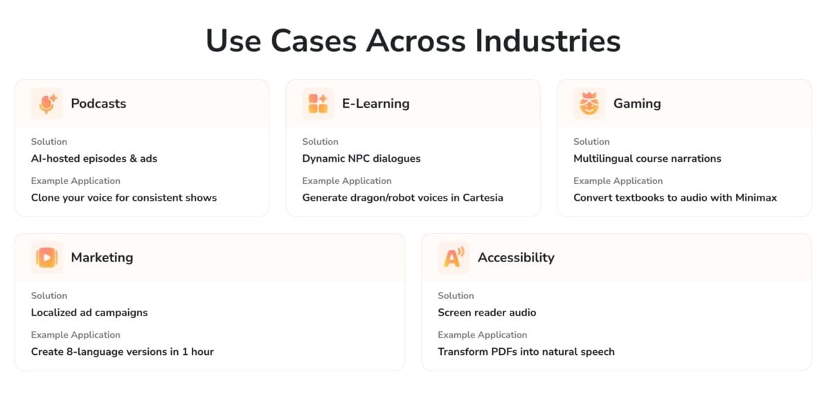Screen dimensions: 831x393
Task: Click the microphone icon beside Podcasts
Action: point(47,104)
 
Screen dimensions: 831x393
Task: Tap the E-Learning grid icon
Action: point(318,104)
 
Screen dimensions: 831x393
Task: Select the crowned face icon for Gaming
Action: point(589,104)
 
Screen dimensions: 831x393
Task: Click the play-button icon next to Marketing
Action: point(47,257)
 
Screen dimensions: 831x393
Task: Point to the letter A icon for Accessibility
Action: point(454,257)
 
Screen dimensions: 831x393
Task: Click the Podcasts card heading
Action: point(98,104)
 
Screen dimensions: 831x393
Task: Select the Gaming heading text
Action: point(637,104)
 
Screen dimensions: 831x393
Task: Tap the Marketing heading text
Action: point(102,257)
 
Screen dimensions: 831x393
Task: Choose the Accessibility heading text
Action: point(516,257)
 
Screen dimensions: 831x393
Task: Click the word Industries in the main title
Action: point(548,41)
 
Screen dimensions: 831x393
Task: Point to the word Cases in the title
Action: point(314,41)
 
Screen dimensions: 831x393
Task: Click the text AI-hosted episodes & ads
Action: point(94,158)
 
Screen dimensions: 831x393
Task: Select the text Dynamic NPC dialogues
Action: point(361,158)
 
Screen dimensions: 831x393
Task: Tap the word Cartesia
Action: point(483,198)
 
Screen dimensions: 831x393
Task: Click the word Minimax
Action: point(756,198)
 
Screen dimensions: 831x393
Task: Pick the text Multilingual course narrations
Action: point(647,158)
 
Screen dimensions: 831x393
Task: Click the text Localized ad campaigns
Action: point(89,313)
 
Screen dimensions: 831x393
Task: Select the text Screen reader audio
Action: point(487,313)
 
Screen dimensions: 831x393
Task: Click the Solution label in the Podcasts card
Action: point(49,142)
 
